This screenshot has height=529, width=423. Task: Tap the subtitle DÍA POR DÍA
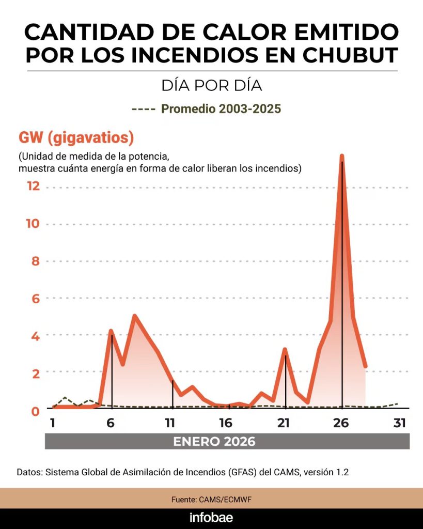(x=211, y=85)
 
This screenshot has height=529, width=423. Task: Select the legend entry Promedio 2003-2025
(x=221, y=109)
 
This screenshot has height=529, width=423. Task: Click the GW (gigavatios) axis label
(x=76, y=138)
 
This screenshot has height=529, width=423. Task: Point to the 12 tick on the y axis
(x=33, y=186)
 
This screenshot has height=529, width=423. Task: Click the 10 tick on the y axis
(x=33, y=224)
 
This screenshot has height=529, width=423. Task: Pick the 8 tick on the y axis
(x=35, y=261)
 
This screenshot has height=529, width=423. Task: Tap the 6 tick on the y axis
(x=35, y=298)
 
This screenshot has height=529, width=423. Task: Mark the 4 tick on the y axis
(x=35, y=335)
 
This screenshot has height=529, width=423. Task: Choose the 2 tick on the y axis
(x=35, y=372)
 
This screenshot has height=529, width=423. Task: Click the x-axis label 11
(x=170, y=423)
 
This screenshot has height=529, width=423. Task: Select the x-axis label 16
(x=226, y=423)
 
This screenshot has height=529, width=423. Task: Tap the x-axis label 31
(x=399, y=423)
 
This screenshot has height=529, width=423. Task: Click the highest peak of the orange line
(x=341, y=156)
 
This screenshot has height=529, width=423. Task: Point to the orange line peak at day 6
(x=111, y=331)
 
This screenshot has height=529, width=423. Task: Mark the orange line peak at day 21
(x=285, y=350)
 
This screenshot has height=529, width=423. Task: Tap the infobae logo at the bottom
(x=211, y=517)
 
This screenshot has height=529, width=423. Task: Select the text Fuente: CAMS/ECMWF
(x=211, y=500)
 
